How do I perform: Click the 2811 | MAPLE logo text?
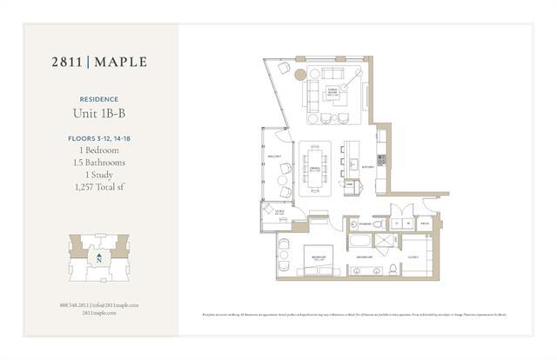pos(97,62)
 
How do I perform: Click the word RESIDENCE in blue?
pos(98,99)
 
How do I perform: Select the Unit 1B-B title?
pos(98,113)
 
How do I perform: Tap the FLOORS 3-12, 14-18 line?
pos(98,138)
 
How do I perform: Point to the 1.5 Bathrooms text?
pos(98,162)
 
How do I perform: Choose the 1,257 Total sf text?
pos(98,187)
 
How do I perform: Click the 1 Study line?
pos(98,175)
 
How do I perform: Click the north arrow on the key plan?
pos(99,258)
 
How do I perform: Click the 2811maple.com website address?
pos(98,312)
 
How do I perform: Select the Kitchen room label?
pos(367,166)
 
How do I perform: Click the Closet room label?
pos(413,257)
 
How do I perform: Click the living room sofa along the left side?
pos(312,89)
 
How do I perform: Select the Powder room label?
pos(364,223)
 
